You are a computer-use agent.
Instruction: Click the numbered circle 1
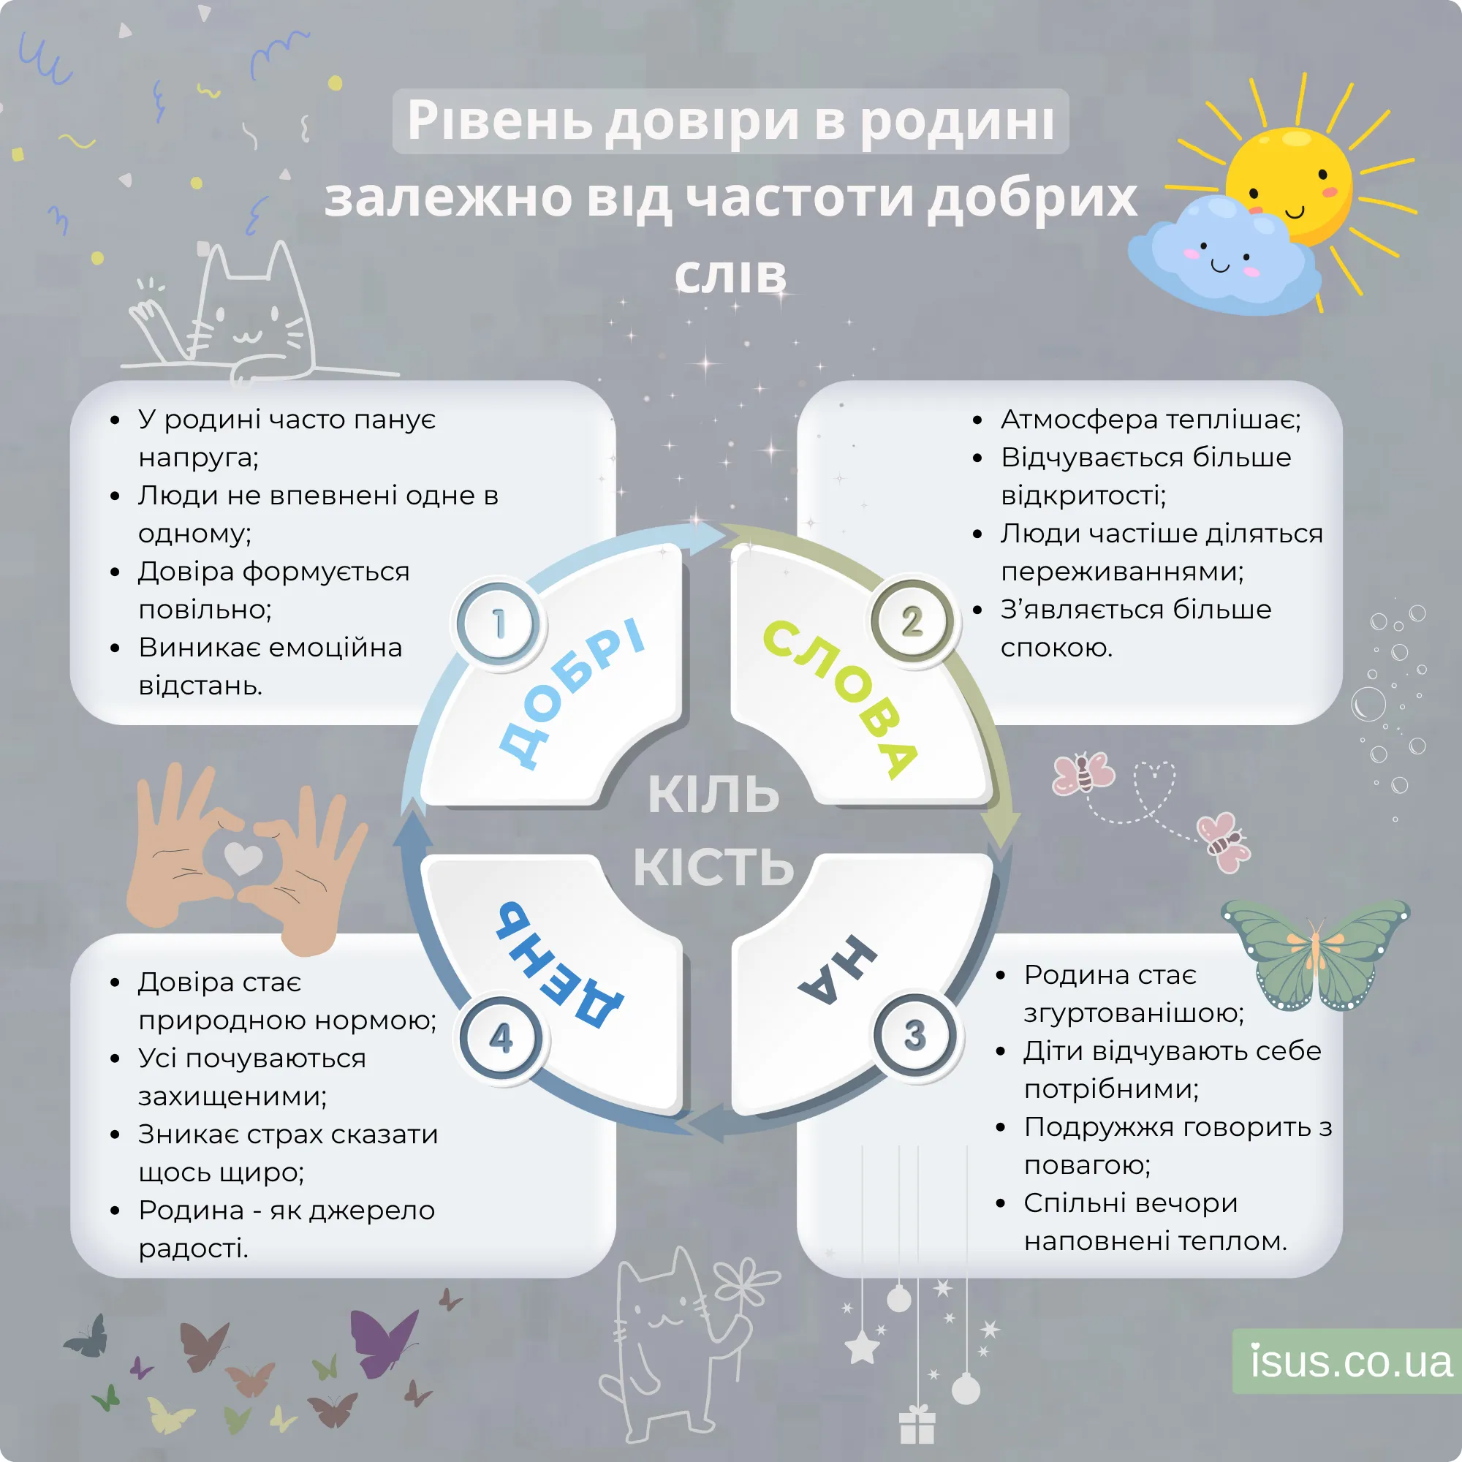point(498,624)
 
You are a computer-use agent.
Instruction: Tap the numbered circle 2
point(912,622)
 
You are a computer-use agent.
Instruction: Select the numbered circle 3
point(915,1034)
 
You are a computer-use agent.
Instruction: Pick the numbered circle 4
point(501,1037)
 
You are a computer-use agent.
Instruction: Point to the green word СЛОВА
point(840,696)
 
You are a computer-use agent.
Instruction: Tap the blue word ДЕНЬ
point(559,965)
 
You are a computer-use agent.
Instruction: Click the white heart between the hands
point(243,857)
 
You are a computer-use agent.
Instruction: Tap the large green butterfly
point(1315,953)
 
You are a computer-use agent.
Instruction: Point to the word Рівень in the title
point(499,121)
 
